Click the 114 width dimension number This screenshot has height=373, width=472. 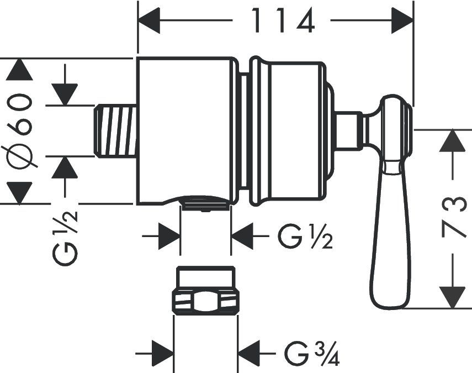[x=282, y=22]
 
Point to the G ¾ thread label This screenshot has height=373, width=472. [x=312, y=353]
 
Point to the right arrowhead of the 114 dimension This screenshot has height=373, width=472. [x=402, y=22]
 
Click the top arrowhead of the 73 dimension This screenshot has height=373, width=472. [x=453, y=140]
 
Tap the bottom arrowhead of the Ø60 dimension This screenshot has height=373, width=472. [x=22, y=193]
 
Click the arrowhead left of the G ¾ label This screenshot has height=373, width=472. [x=250, y=353]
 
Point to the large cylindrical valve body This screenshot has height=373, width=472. [x=188, y=130]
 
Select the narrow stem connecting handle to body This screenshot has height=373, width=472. [x=349, y=130]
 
